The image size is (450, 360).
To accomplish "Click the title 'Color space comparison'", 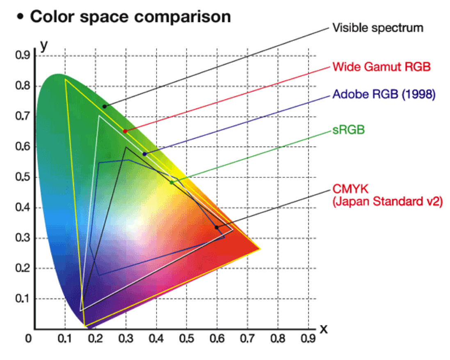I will click(130, 17).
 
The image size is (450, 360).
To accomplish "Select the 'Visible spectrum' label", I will click(377, 28).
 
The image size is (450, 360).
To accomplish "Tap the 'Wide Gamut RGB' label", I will click(381, 66).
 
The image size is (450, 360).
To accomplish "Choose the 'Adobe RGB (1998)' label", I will click(384, 94).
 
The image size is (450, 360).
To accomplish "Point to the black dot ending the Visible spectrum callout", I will click(105, 107).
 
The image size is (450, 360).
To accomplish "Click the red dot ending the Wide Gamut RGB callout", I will click(125, 131).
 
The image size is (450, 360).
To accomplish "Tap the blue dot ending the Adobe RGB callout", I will click(144, 154).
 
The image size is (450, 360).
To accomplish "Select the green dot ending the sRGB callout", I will click(172, 182).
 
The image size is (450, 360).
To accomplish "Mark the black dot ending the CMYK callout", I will click(217, 227).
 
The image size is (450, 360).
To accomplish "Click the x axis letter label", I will click(324, 329).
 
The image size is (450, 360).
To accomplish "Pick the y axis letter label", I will click(44, 44).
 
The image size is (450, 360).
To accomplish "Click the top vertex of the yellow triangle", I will click(65, 79).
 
